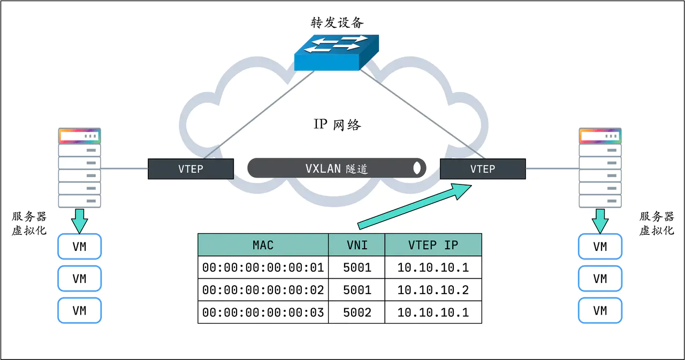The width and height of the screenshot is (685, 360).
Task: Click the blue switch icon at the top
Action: [x=336, y=52]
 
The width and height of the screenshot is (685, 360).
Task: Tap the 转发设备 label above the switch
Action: [x=337, y=22]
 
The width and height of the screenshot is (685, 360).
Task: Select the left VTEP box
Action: [x=191, y=169]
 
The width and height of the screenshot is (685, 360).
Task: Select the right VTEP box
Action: [x=482, y=169]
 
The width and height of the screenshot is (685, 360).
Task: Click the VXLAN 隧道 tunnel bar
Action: [x=337, y=168]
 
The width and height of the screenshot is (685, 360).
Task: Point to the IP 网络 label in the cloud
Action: [x=337, y=125]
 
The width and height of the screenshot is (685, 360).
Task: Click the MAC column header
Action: [x=263, y=245]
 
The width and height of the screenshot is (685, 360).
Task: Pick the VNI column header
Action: [x=356, y=245]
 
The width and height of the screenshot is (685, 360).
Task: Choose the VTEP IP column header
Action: [x=433, y=245]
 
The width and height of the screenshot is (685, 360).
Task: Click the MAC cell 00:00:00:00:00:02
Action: [x=263, y=290]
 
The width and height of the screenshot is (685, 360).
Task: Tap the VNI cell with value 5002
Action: [x=356, y=312]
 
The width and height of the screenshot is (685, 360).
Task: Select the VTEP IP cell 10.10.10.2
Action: [x=433, y=290]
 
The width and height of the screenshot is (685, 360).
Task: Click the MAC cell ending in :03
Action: [x=263, y=312]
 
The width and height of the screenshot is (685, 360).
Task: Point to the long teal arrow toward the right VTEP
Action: [x=412, y=205]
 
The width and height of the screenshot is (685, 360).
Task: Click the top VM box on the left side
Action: [x=79, y=247]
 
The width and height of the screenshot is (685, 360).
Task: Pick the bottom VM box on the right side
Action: [x=600, y=310]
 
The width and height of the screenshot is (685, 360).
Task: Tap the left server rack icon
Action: [x=79, y=167]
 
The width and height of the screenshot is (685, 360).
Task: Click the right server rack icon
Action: [x=600, y=167]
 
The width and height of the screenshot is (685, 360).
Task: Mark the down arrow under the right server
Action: [x=600, y=220]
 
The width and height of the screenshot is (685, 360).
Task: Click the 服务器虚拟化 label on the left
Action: [x=29, y=223]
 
